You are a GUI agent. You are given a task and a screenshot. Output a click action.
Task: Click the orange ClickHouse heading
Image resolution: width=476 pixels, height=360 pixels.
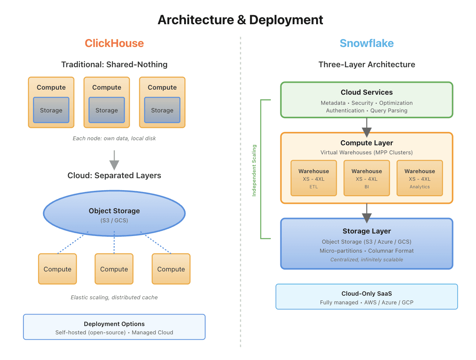point(114,43)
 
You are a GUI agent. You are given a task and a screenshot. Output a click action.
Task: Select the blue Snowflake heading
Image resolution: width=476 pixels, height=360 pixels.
point(366,43)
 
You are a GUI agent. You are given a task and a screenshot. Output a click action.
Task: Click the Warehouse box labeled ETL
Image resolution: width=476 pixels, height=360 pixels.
point(314,178)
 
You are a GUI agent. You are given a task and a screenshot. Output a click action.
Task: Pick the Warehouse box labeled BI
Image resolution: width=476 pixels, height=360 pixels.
point(366,178)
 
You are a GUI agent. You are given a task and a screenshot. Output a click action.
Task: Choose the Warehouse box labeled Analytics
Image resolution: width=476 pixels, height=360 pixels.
point(420,178)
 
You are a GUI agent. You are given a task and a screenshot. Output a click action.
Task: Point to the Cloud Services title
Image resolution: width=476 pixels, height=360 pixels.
point(366,93)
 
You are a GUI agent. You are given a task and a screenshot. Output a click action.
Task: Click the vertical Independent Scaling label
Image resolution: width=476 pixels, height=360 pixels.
point(254,170)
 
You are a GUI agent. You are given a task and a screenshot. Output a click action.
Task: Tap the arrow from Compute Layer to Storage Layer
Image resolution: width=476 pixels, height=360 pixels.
point(367,213)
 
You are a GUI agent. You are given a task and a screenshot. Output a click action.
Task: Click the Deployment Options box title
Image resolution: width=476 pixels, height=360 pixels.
point(114,324)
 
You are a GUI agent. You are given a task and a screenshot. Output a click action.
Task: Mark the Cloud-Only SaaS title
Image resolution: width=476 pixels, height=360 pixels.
point(366,293)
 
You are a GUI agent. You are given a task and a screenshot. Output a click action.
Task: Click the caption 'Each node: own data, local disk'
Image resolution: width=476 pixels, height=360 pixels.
point(114,138)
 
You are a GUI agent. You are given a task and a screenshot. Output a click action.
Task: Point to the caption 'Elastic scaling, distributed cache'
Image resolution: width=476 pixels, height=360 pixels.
point(114,297)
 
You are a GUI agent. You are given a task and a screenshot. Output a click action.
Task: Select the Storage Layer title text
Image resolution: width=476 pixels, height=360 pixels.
point(366,231)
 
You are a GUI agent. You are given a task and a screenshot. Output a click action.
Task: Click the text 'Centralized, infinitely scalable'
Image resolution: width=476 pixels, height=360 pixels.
point(366,260)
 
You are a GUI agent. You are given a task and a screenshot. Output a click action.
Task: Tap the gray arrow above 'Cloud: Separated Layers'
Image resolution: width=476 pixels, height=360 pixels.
point(114,160)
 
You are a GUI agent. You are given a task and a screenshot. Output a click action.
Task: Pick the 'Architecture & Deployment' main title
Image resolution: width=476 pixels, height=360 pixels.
point(240,20)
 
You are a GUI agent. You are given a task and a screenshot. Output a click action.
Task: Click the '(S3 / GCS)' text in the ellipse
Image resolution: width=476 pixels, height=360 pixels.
point(114,220)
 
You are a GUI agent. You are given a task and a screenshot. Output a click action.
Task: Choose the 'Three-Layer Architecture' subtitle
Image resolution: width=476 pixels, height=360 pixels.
point(366,65)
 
